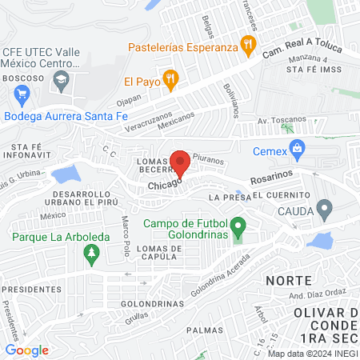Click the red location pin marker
point(180,163)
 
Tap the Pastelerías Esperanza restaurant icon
point(248,44)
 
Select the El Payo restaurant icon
point(169,79)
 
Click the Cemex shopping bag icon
point(298,147)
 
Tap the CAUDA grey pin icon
point(324,210)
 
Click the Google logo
point(26,350)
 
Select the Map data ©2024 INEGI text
point(313,354)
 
